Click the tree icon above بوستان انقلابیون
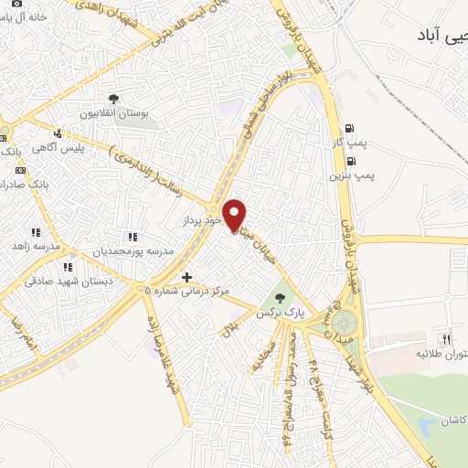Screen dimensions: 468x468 (x=114, y=100)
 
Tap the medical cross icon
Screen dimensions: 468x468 (x=187, y=277)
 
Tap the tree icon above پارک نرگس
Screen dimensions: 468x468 (x=280, y=297)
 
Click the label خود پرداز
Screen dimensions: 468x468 (x=201, y=222)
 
